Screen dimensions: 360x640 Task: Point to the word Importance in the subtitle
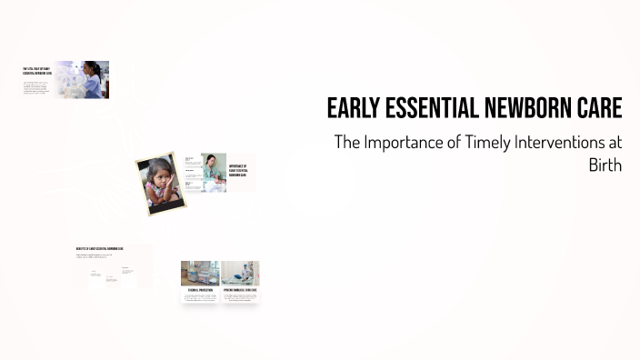coord(404,143)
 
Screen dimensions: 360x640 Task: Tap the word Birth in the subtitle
coord(605,165)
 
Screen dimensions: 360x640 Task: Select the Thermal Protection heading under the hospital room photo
coord(200,290)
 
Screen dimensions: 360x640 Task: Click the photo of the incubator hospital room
coord(200,274)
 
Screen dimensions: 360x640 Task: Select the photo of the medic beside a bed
coord(240,274)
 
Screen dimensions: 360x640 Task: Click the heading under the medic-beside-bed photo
coord(240,290)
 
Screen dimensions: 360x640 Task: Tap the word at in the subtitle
coord(611,143)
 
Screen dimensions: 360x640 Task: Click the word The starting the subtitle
coord(346,143)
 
